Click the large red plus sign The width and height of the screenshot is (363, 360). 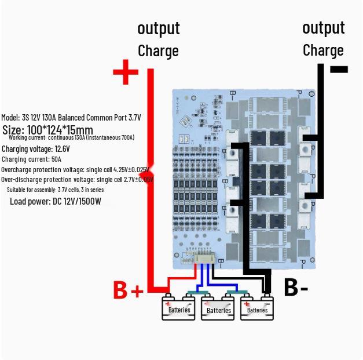pyautogui.click(x=125, y=74)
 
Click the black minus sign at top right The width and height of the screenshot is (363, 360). pyautogui.click(x=339, y=70)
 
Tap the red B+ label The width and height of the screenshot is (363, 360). pyautogui.click(x=127, y=289)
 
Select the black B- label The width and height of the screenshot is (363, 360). pyautogui.click(x=296, y=287)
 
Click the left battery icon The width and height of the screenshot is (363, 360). pyautogui.click(x=179, y=307)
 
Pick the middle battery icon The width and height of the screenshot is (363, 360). pyautogui.click(x=218, y=308)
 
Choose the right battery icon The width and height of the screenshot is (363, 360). pyautogui.click(x=257, y=307)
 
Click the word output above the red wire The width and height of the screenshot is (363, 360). pyautogui.click(x=158, y=28)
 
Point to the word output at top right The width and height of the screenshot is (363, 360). pyautogui.click(x=323, y=27)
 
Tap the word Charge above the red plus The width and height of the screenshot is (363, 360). pyautogui.click(x=158, y=50)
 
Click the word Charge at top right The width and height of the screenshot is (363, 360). pyautogui.click(x=323, y=50)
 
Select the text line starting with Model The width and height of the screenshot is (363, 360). pyautogui.click(x=71, y=118)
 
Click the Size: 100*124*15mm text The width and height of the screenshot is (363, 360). pyautogui.click(x=47, y=130)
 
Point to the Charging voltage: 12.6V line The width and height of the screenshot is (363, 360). pyautogui.click(x=36, y=149)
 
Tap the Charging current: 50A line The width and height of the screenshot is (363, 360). pyautogui.click(x=31, y=159)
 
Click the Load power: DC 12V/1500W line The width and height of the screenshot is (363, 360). pyautogui.click(x=56, y=201)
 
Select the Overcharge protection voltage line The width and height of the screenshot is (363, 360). pyautogui.click(x=75, y=169)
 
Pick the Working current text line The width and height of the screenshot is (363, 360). pyautogui.click(x=71, y=138)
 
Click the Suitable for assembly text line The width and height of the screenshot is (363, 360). pyautogui.click(x=56, y=190)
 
